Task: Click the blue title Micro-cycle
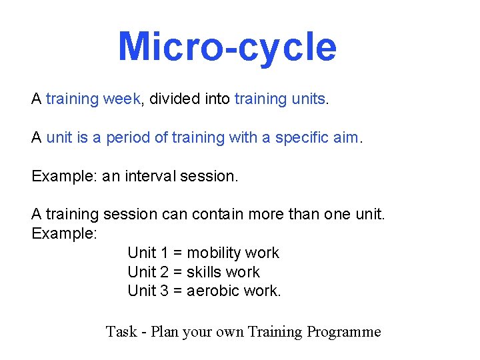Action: tap(227, 47)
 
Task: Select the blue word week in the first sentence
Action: tap(122, 99)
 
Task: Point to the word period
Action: tap(128, 138)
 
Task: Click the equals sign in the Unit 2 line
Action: tap(177, 273)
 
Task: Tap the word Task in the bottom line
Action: tap(121, 331)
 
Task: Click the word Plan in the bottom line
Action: tap(164, 331)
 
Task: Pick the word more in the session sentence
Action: tap(265, 215)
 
